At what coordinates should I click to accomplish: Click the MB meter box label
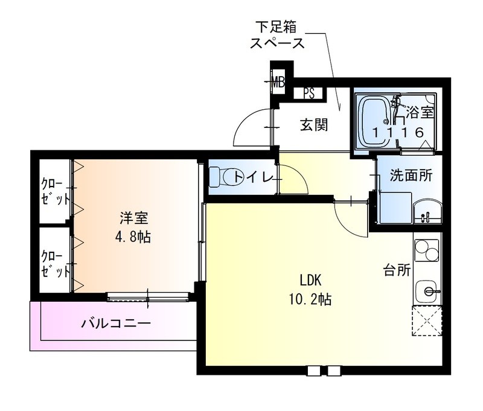point(278,80)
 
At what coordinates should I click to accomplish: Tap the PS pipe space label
point(309,94)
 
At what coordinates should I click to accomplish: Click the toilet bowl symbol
point(219,177)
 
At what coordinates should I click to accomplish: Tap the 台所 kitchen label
point(396,269)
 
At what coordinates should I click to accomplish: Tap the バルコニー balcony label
point(116,323)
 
